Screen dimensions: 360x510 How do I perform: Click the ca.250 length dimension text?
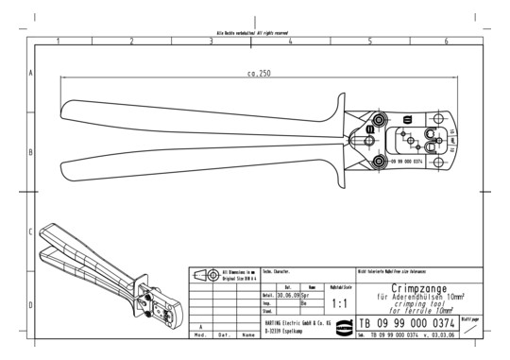[260, 74]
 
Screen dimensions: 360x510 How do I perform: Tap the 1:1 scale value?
[340, 304]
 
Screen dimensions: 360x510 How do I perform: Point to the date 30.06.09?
[277, 294]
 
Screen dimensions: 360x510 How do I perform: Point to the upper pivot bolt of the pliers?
[380, 122]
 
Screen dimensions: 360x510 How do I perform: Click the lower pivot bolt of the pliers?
[380, 163]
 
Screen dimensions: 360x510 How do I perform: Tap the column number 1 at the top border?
[58, 42]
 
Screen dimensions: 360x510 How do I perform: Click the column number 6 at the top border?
[445, 42]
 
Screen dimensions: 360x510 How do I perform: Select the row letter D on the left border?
[31, 305]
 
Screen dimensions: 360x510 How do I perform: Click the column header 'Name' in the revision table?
[247, 334]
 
